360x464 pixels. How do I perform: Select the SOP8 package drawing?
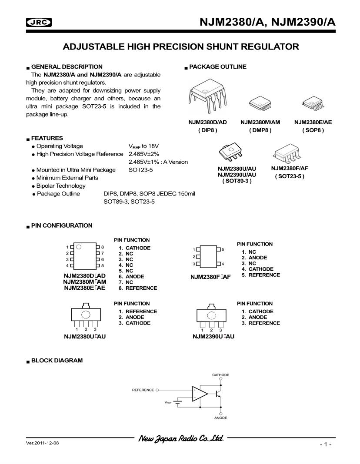[x=312, y=103]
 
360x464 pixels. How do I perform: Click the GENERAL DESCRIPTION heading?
[x=67, y=67]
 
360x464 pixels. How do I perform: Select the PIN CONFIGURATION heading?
[x=62, y=225]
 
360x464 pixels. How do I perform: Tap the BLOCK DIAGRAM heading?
[x=57, y=361]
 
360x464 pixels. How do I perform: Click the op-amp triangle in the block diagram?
[x=200, y=394]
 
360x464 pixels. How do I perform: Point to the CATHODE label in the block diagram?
[x=220, y=375]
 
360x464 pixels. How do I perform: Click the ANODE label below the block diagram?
[x=220, y=418]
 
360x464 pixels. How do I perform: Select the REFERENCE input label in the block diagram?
[x=143, y=390]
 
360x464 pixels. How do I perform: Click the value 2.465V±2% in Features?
[x=143, y=154]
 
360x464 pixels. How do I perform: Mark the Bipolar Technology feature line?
[x=61, y=186]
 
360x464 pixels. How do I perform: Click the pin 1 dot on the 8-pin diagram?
[x=79, y=247]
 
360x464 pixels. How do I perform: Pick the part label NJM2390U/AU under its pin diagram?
[x=213, y=336]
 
